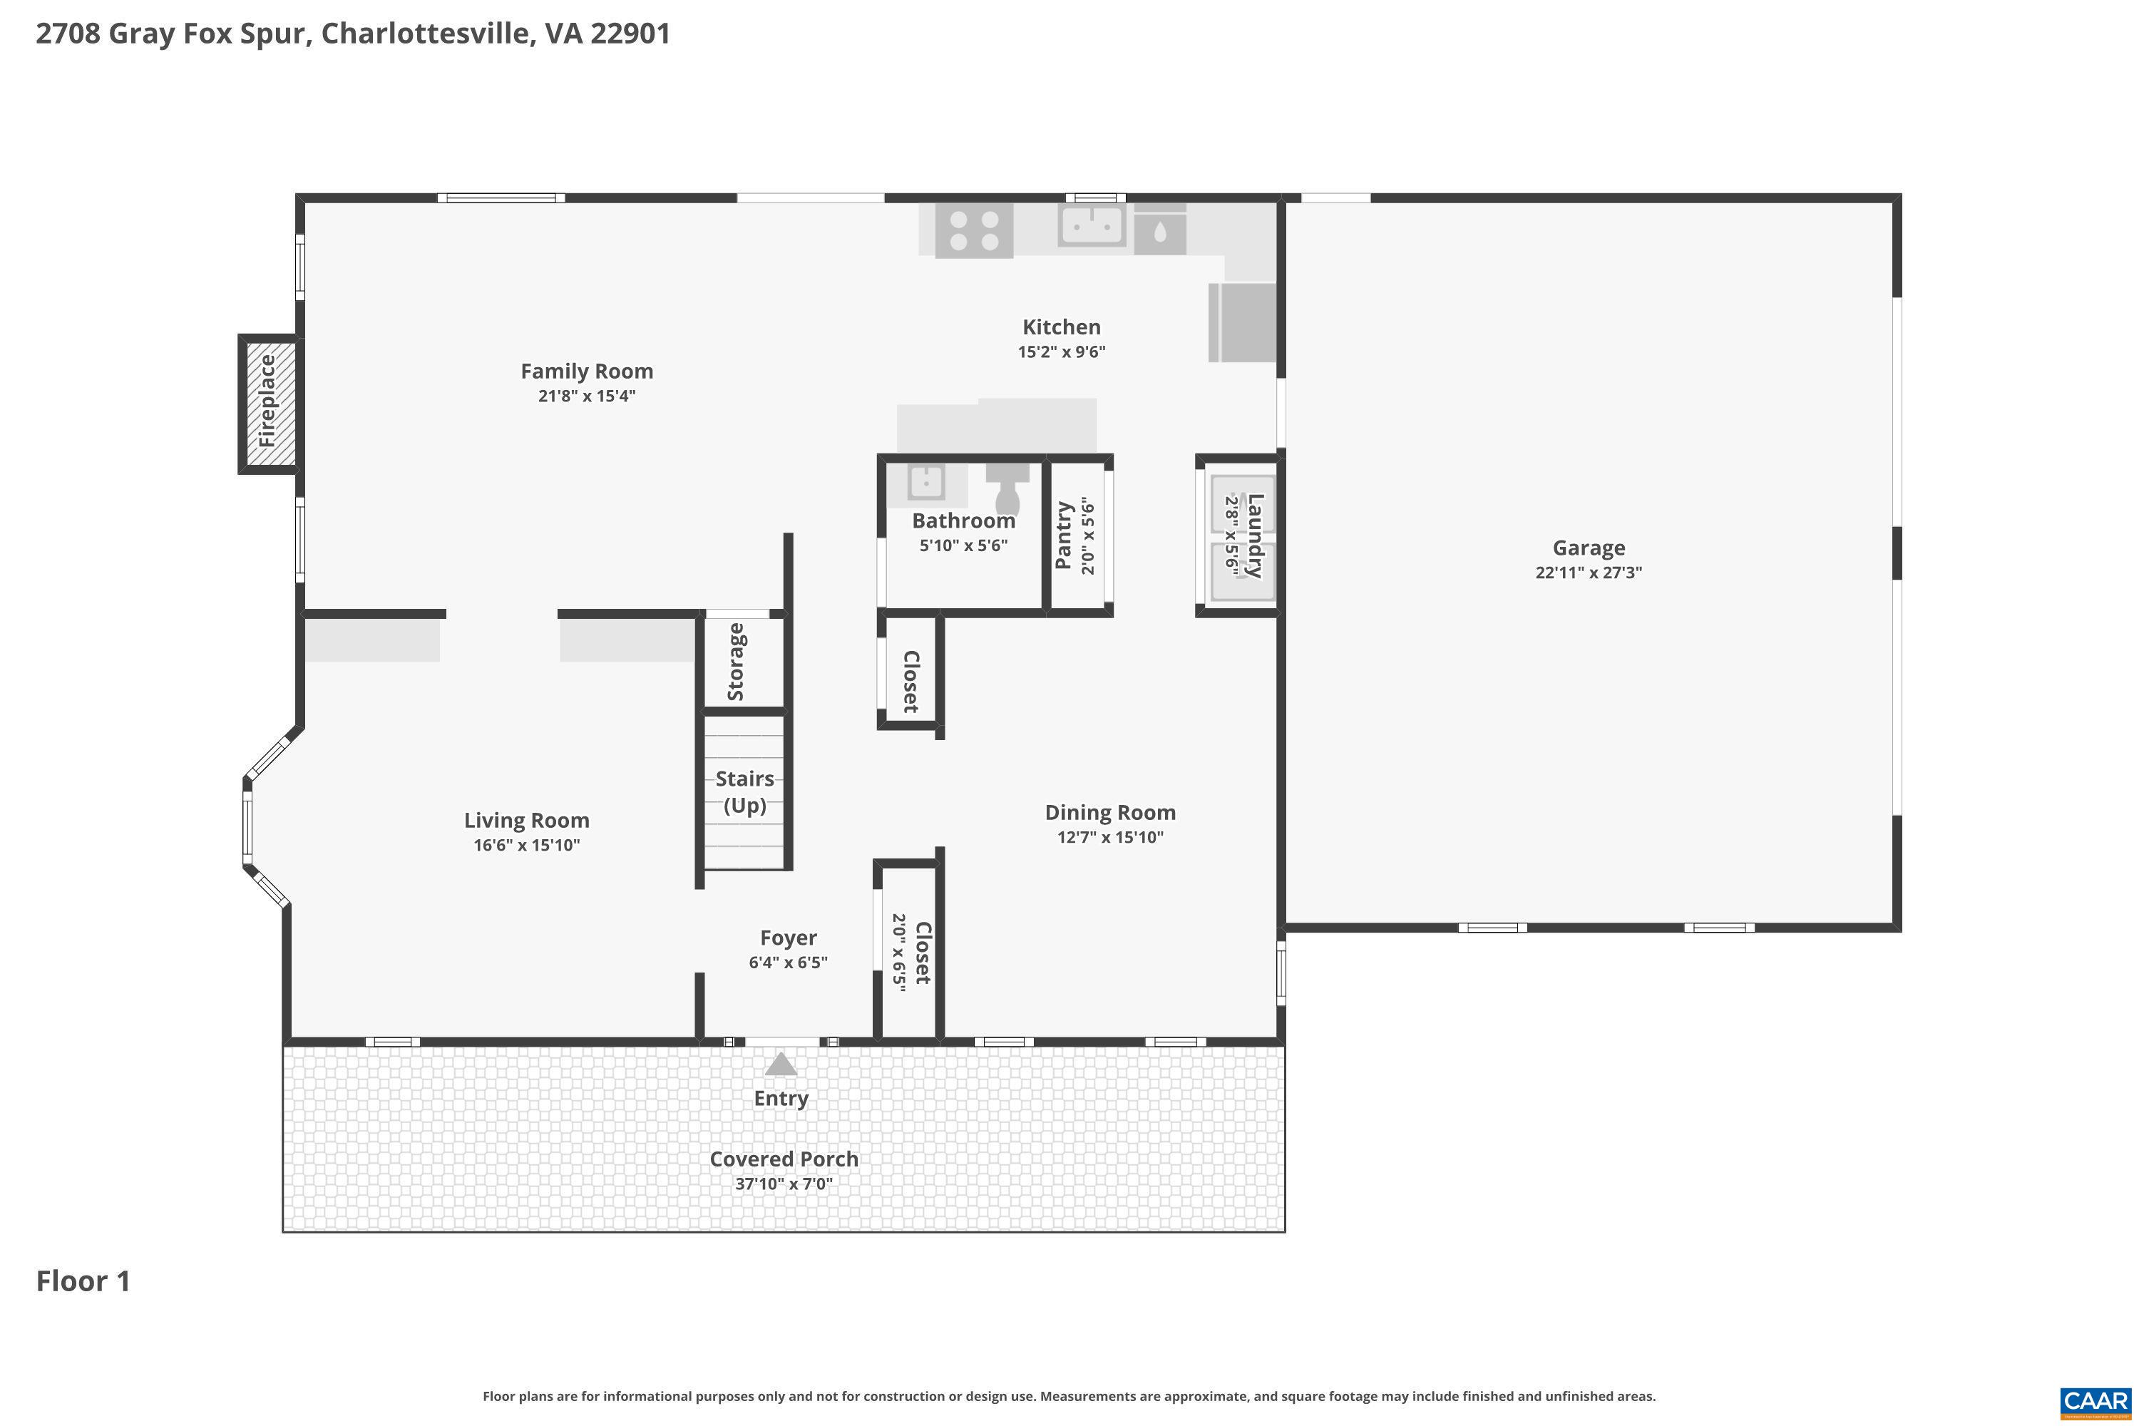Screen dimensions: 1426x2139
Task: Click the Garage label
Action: (x=1588, y=548)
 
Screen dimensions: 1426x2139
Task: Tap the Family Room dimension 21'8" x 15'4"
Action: (x=587, y=396)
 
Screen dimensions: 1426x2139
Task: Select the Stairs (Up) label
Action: (x=745, y=791)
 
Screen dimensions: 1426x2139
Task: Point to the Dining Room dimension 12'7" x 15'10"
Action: (x=1109, y=836)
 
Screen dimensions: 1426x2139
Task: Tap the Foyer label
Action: (x=788, y=938)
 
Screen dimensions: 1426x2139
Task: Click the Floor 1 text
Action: (x=83, y=1281)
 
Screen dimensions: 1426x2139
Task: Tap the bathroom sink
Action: (x=925, y=483)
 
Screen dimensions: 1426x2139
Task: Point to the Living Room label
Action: (x=527, y=821)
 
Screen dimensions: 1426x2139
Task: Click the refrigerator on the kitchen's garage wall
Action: (x=1242, y=322)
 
